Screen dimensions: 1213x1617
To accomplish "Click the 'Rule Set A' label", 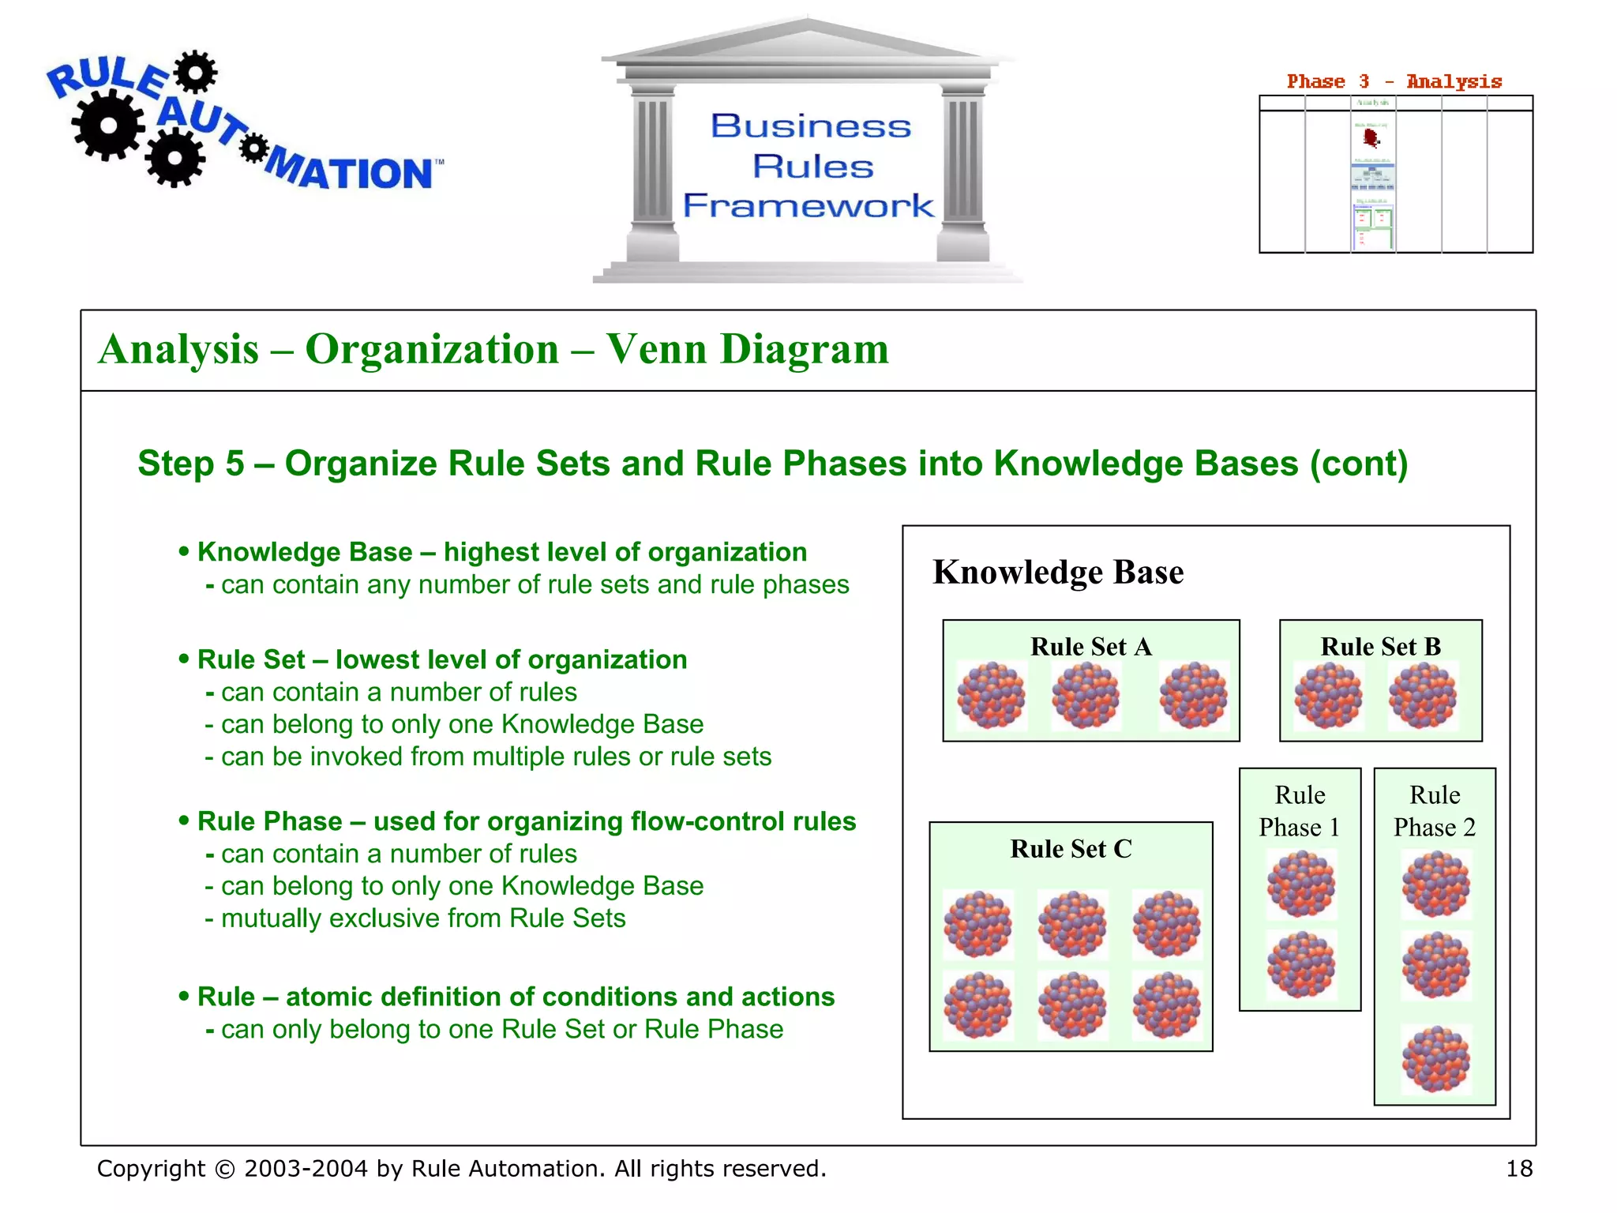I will pos(1090,647).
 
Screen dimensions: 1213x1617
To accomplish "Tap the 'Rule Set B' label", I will pos(1380,647).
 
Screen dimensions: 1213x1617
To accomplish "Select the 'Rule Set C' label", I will pos(1071,849).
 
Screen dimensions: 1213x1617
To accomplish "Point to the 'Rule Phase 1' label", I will pos(1300,811).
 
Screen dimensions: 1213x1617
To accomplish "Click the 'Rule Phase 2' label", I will pos(1435,811).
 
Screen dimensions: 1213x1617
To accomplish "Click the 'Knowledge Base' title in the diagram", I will pos(1058,572).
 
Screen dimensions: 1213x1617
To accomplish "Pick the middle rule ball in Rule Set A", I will pos(1086,695).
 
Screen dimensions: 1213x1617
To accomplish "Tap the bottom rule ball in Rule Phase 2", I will pos(1436,1059).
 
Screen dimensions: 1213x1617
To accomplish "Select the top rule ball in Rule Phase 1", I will pos(1301,884).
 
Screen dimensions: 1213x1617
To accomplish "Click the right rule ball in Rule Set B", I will pos(1423,695).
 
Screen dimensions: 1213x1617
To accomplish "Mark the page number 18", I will pos(1519,1169).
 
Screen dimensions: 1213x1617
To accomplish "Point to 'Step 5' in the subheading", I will pos(191,464).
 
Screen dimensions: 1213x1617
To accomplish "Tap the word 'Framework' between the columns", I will pos(808,205).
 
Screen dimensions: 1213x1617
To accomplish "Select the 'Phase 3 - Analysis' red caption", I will pos(1394,81).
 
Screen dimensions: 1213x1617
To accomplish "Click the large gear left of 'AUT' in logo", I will pos(109,126).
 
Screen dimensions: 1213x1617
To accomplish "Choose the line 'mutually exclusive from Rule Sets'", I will pos(422,918).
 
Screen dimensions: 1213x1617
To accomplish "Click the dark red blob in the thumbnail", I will pos(1371,138).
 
